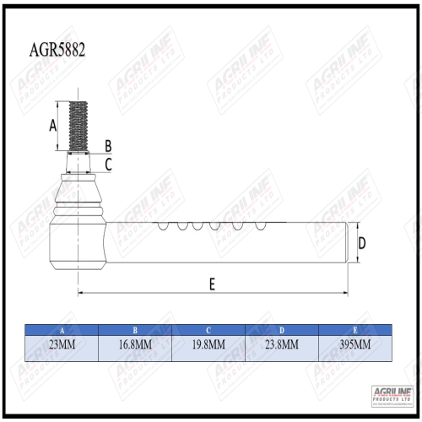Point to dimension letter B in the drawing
[108, 146]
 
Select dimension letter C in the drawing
[108, 163]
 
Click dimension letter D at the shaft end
[362, 244]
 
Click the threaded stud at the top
[78, 127]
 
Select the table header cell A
[62, 330]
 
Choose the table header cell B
[135, 330]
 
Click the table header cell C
[208, 330]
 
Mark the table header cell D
[281, 330]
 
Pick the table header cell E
[354, 330]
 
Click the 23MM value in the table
[62, 345]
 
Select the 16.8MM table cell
[135, 345]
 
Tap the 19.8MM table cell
[208, 345]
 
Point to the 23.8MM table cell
[281, 345]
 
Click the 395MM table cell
[354, 345]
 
